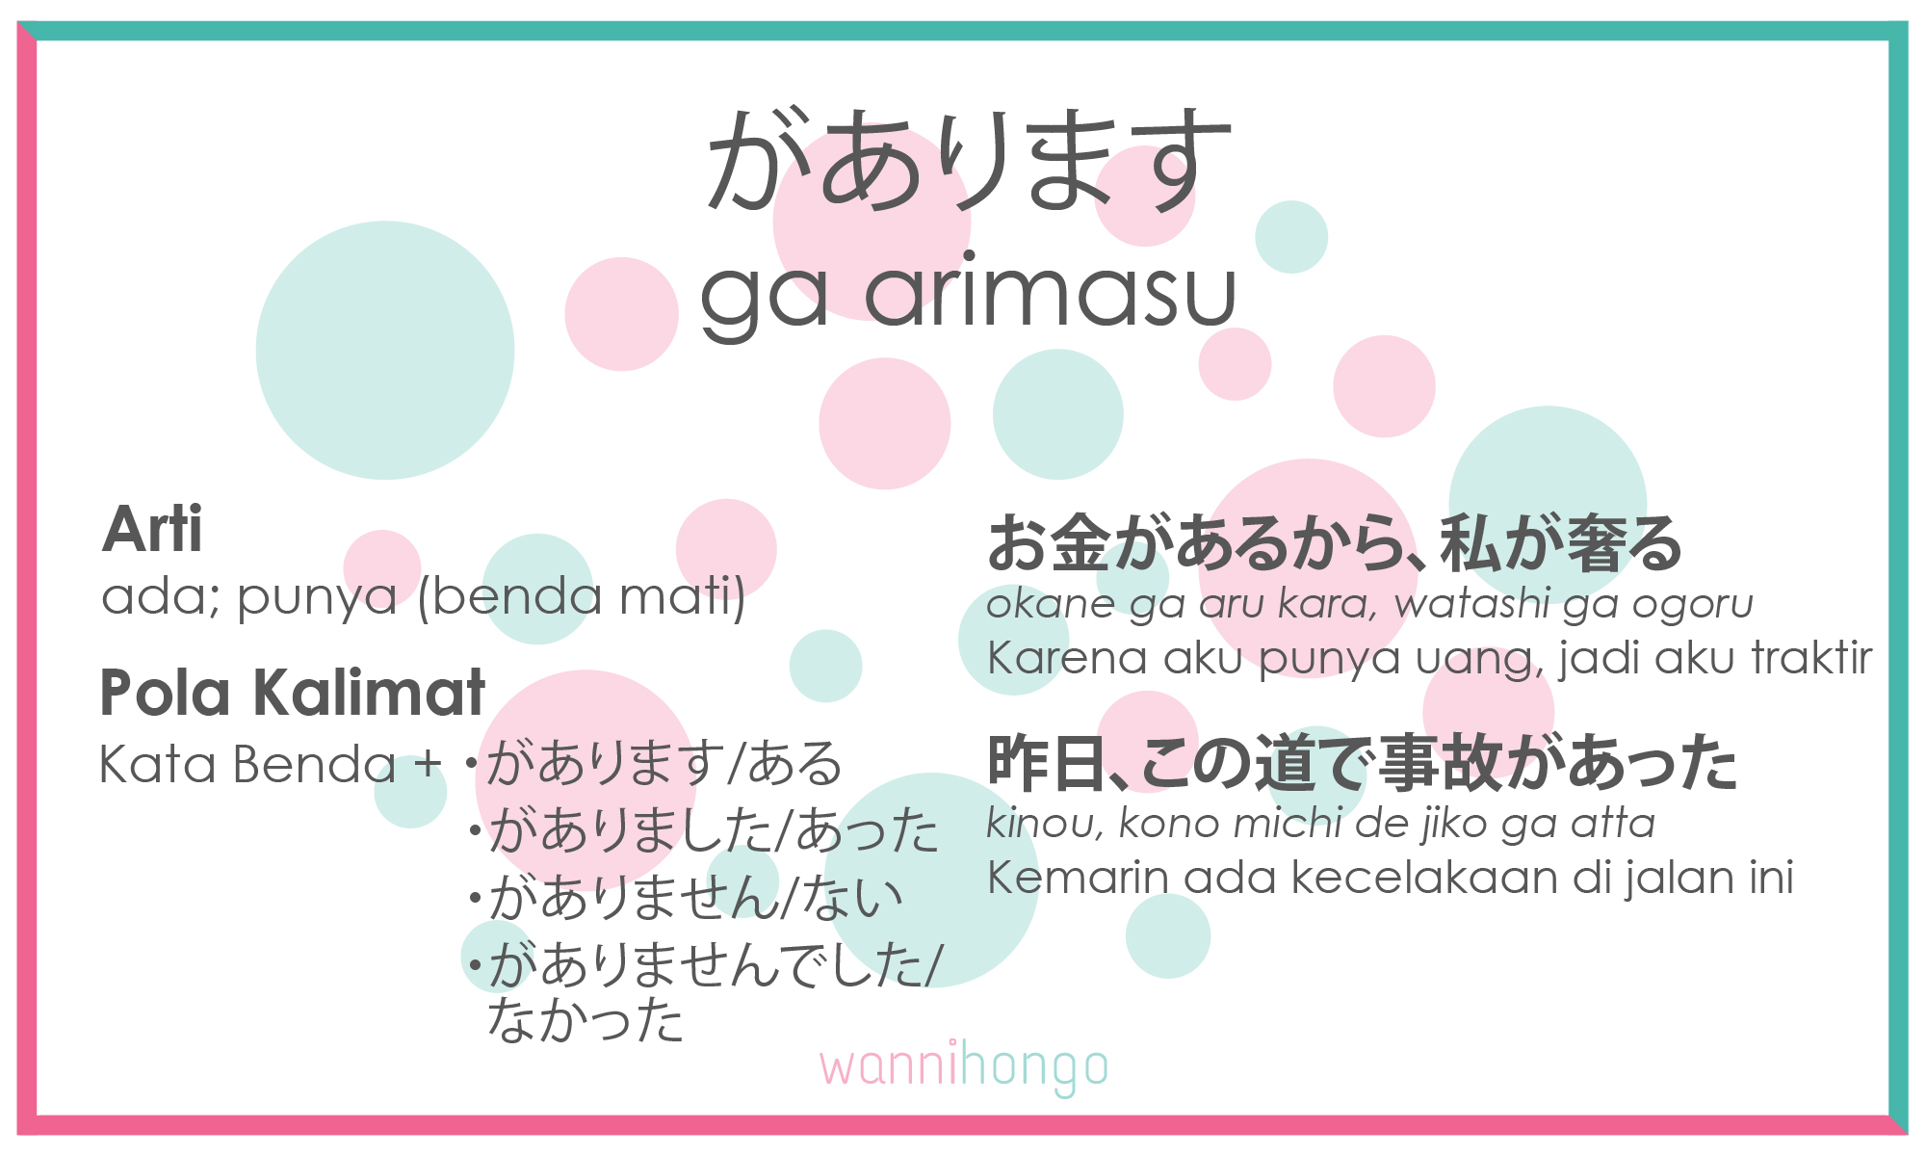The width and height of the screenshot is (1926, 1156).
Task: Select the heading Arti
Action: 152,530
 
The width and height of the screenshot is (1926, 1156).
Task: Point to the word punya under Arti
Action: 317,597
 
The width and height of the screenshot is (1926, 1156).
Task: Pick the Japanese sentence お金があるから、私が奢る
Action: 1334,544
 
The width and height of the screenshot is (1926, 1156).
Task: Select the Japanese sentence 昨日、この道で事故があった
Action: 1362,763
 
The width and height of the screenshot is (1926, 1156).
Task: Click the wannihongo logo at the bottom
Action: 964,1067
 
